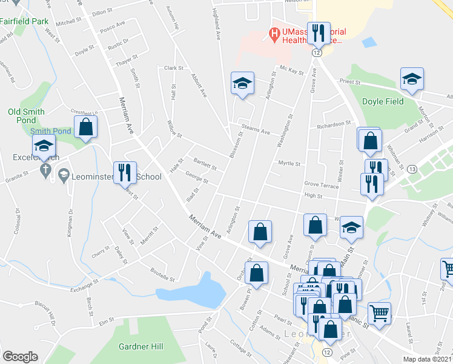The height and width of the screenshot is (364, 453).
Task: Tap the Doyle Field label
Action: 382,101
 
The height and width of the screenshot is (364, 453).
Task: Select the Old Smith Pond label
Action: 26,112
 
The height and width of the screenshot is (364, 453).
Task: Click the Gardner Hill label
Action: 141,346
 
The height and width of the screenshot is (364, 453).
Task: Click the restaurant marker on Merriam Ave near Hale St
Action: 125,173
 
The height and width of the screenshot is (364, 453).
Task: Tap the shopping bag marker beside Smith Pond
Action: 85,127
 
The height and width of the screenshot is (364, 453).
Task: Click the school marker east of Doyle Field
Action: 412,79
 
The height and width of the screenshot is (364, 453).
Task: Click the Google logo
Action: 20,357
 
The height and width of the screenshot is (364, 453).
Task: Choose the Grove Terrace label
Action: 321,184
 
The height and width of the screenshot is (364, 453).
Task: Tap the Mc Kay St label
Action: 291,71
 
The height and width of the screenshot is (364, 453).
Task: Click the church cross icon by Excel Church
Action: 44,172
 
